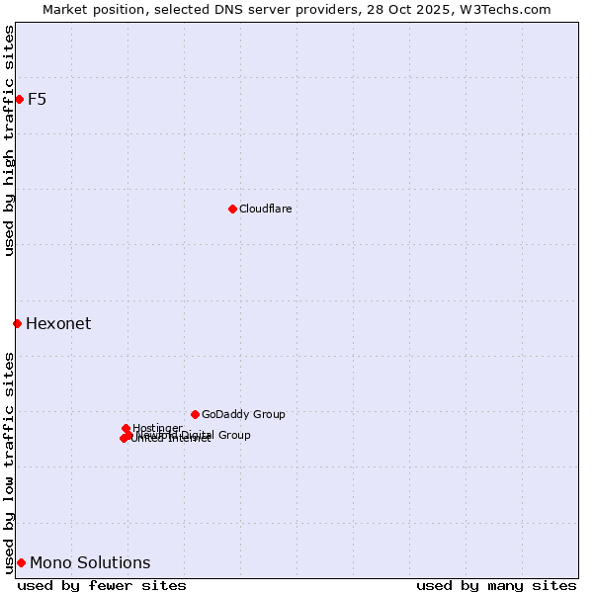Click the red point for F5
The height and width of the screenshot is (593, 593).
(x=19, y=99)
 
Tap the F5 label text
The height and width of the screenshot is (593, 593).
(x=38, y=99)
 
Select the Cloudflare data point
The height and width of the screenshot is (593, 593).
(x=232, y=209)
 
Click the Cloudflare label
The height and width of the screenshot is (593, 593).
(x=265, y=209)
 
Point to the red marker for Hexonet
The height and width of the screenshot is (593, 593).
(x=17, y=323)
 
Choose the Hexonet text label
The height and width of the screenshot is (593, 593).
(x=58, y=324)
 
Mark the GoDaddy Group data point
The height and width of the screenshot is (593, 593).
(x=195, y=414)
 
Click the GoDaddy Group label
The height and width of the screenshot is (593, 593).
(x=243, y=414)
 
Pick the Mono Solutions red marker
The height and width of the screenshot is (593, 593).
(x=21, y=562)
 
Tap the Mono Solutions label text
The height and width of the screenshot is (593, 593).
(x=90, y=563)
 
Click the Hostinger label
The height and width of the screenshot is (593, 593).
(x=157, y=428)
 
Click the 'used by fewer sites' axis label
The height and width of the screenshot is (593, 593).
(x=102, y=585)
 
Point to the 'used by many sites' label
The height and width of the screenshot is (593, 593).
(x=496, y=585)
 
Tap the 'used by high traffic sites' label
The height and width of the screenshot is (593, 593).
(x=9, y=140)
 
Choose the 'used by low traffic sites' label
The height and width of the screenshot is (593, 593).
(x=9, y=462)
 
